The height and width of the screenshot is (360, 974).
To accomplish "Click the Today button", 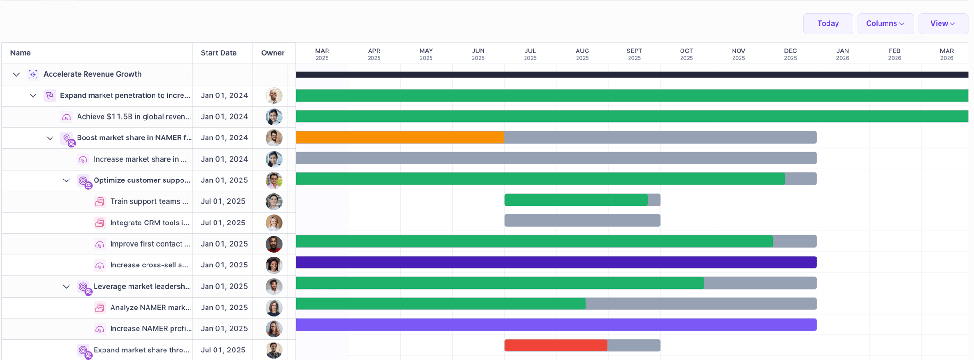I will pyautogui.click(x=828, y=24).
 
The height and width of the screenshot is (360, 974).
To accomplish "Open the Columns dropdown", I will pyautogui.click(x=885, y=24).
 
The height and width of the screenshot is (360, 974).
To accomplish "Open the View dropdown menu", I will pyautogui.click(x=943, y=24).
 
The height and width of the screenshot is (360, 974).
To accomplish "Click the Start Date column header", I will pyautogui.click(x=218, y=53).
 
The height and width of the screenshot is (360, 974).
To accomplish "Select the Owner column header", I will pyautogui.click(x=273, y=53).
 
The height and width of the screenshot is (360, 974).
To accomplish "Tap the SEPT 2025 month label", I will pyautogui.click(x=634, y=54).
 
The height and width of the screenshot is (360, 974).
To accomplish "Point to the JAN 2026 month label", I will pyautogui.click(x=843, y=54).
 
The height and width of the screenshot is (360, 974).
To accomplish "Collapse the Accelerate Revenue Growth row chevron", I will pyautogui.click(x=17, y=75).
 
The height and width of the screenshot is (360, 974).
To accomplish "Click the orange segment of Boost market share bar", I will pyautogui.click(x=400, y=137).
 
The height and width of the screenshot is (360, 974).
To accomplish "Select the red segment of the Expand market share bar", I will pyautogui.click(x=556, y=346).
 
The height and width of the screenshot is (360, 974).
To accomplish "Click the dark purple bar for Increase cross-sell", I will pyautogui.click(x=556, y=262).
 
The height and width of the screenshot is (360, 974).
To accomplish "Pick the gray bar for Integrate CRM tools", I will pyautogui.click(x=582, y=221).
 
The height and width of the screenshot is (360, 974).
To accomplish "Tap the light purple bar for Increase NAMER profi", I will pyautogui.click(x=556, y=325).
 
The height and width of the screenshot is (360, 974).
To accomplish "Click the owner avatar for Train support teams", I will pyautogui.click(x=274, y=202).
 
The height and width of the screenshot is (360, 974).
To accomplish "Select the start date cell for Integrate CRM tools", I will pyautogui.click(x=223, y=223).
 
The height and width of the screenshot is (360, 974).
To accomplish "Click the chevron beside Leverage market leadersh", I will pyautogui.click(x=66, y=287).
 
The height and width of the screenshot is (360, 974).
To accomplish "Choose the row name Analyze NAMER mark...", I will pyautogui.click(x=150, y=308).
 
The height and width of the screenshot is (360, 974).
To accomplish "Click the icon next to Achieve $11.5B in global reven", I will pyautogui.click(x=67, y=117).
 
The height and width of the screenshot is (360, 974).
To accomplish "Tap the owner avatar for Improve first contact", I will pyautogui.click(x=274, y=244).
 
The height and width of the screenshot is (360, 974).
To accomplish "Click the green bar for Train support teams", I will pyautogui.click(x=576, y=200).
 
